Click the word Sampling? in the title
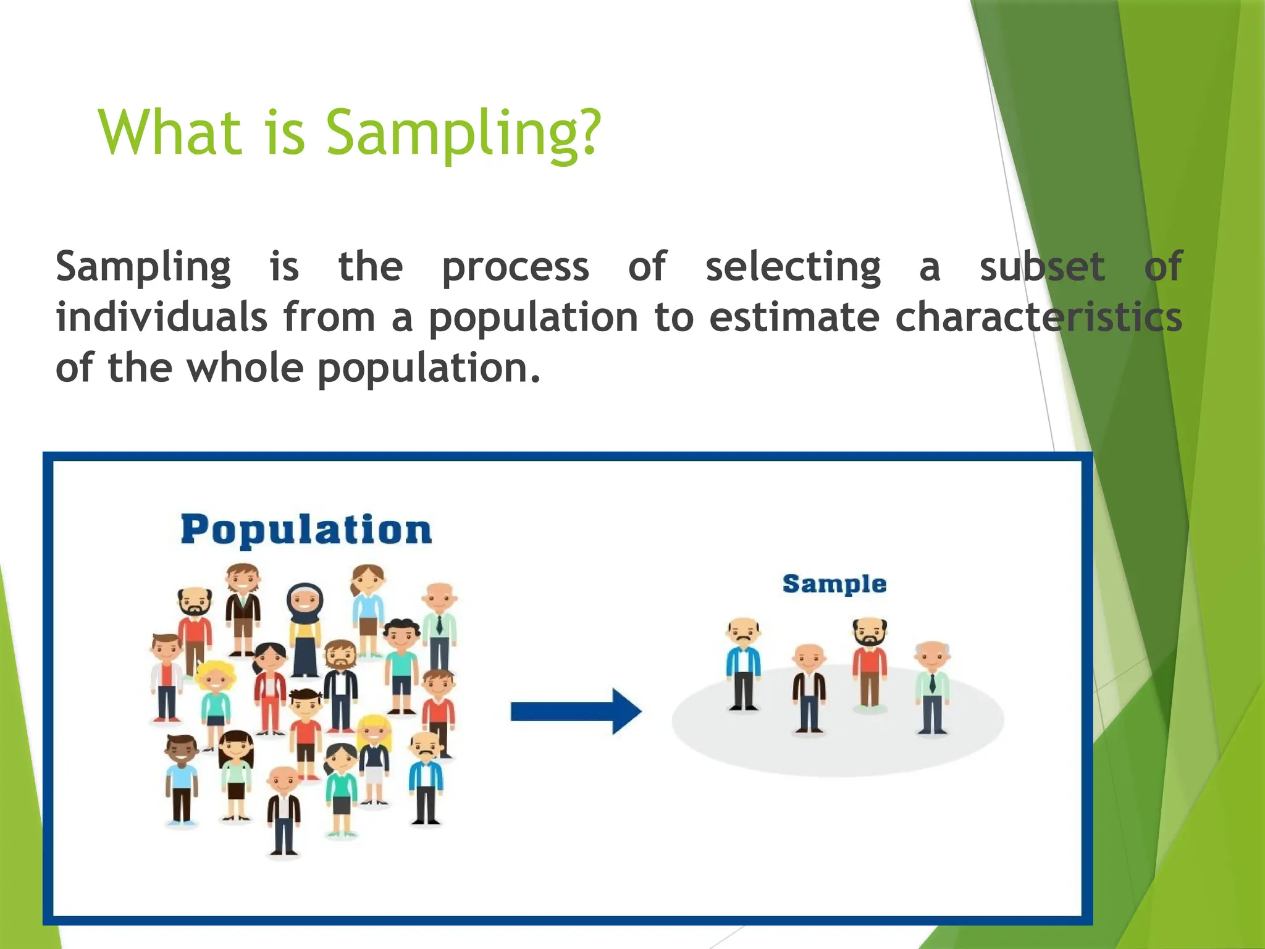point(463,133)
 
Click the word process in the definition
point(515,267)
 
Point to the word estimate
point(793,318)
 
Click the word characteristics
point(1038,318)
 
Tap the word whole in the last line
point(245,368)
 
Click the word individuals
point(162,318)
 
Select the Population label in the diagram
point(306,530)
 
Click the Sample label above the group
point(834,584)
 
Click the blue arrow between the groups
point(576,712)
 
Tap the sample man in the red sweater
point(869,664)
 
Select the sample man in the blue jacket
point(743,664)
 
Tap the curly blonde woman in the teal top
point(216,698)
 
